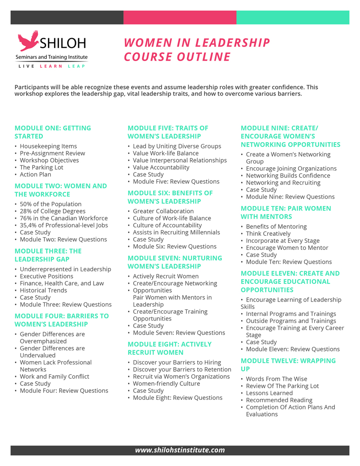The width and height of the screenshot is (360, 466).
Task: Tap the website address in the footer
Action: tap(180, 450)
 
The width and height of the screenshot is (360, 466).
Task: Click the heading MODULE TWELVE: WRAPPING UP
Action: tap(288, 364)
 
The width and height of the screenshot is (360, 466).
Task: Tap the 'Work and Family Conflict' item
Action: tap(54, 377)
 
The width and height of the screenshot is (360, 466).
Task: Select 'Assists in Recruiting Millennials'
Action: tap(176, 232)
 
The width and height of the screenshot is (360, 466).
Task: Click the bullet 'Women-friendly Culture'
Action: tap(166, 384)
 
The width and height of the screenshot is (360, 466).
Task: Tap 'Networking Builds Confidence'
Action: tap(288, 176)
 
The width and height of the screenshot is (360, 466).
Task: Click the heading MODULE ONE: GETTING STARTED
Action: tap(53, 132)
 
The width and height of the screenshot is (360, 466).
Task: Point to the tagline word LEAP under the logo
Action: tap(77, 67)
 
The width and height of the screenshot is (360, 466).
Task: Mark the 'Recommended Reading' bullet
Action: tap(279, 400)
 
